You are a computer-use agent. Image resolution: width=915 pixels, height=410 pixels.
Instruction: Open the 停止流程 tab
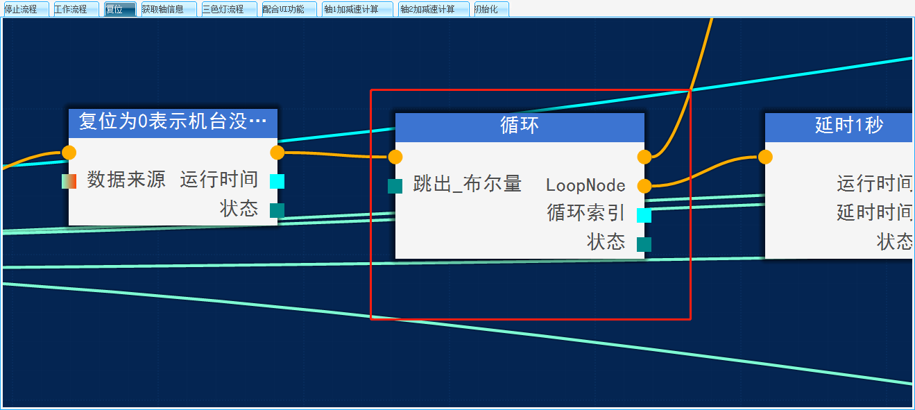[25, 9]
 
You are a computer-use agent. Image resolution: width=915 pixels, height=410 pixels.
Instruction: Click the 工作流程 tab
[75, 9]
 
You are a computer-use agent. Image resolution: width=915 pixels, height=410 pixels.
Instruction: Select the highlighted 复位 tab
[119, 9]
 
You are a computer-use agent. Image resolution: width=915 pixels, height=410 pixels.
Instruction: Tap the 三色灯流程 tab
[228, 9]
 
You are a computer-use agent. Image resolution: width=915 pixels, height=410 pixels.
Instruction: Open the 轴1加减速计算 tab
[356, 9]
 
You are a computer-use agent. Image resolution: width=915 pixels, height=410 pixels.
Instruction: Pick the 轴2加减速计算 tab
[432, 9]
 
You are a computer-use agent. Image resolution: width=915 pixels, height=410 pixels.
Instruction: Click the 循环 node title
[520, 126]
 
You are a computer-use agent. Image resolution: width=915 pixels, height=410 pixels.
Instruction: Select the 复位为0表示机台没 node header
[173, 121]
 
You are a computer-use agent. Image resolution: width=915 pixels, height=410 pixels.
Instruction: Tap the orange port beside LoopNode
[644, 186]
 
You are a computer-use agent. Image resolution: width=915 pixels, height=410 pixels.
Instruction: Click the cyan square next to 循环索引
[644, 215]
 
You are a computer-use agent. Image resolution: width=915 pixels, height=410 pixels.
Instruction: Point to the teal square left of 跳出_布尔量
[395, 186]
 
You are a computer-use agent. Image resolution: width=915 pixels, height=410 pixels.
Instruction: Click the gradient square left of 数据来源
[69, 181]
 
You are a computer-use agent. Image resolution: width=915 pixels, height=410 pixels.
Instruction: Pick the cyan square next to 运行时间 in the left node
[277, 181]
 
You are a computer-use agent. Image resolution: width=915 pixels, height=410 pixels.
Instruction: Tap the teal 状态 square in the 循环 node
[644, 244]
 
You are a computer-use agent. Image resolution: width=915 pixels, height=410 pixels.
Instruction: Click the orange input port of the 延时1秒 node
[765, 157]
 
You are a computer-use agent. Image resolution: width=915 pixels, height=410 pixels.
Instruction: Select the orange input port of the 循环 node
[395, 157]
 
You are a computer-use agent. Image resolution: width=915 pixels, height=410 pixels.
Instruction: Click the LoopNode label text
[585, 186]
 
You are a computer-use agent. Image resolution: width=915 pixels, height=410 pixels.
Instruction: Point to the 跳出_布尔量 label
[468, 185]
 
